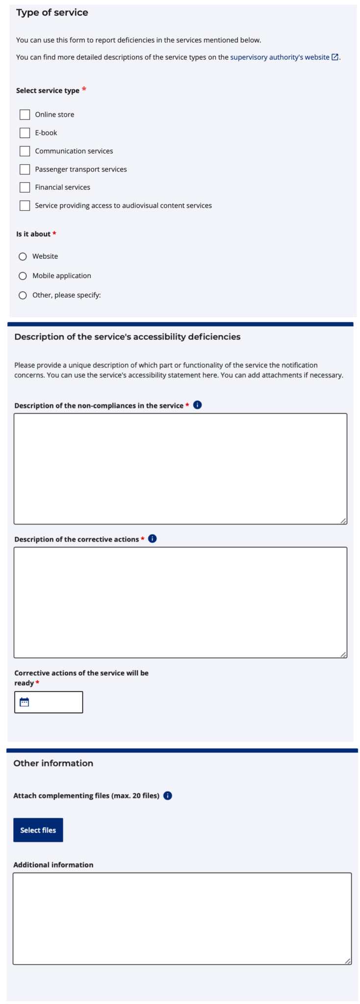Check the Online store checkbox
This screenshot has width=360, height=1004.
point(25,115)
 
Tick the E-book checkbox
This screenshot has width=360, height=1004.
point(25,133)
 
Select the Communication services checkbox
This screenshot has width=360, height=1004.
point(25,151)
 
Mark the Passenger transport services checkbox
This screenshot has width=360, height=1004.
point(25,169)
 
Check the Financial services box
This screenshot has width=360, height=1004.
point(25,187)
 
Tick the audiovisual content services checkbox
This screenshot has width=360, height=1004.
point(25,205)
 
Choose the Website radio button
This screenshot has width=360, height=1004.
point(23,256)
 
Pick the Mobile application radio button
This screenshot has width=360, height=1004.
point(23,276)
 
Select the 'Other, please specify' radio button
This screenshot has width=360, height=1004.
point(23,295)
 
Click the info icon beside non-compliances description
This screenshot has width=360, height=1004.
point(198,405)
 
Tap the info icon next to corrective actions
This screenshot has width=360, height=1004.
point(153,539)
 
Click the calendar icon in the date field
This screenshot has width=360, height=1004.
point(25,702)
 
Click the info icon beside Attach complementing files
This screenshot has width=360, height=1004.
point(168,796)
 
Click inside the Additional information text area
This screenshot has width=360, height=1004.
point(182,918)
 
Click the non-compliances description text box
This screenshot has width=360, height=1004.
point(180,469)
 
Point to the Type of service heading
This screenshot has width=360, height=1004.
point(52,13)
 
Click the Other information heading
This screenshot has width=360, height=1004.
point(53,763)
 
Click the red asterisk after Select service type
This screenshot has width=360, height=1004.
point(84,89)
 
